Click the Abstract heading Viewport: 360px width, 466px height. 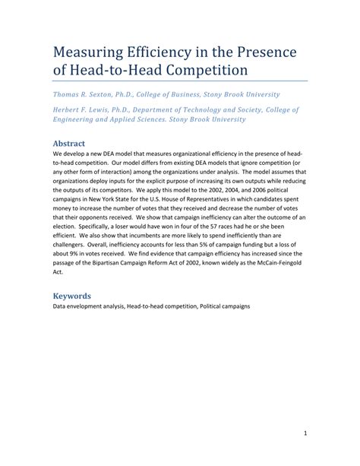[68, 142]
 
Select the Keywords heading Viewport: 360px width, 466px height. [71, 295]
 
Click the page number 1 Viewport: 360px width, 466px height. [303, 434]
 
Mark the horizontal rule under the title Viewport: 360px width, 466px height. [180, 81]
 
